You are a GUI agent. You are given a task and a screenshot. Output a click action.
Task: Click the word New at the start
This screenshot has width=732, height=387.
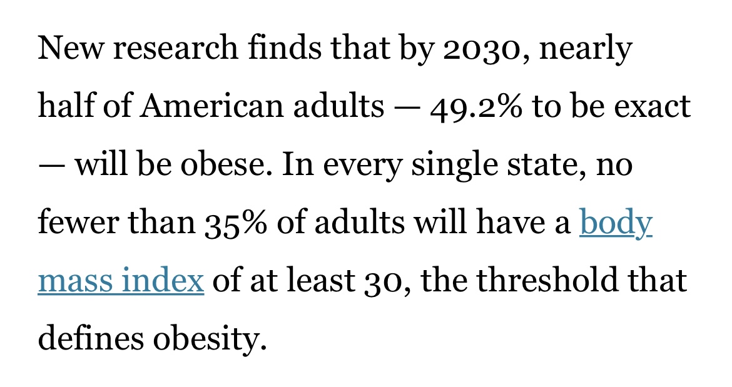[69, 48]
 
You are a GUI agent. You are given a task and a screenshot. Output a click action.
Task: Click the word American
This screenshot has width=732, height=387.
[212, 106]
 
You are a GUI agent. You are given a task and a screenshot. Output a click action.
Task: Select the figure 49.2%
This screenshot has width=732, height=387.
[475, 108]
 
